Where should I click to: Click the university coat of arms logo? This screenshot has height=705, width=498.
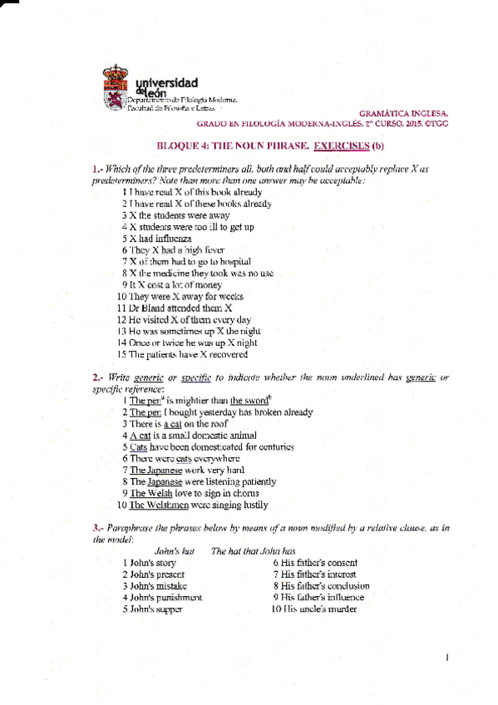pos(116,86)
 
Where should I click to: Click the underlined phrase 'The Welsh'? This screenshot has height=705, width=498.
pos(147,493)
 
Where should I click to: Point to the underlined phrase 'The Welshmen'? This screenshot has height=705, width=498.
pos(157,505)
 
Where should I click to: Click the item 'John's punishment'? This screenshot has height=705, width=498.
pos(161,597)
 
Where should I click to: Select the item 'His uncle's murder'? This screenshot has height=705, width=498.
pos(315,609)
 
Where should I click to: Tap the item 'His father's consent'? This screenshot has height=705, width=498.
pos(314,562)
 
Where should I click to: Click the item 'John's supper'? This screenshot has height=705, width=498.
pos(152,609)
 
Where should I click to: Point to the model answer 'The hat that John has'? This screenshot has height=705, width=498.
pos(253,550)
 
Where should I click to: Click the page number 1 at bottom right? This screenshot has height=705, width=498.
pos(447,658)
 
